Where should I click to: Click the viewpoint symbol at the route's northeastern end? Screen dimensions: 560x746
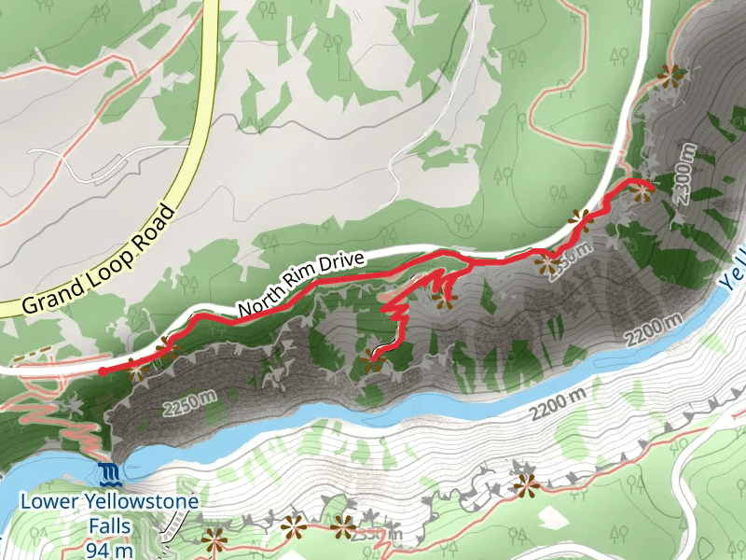coord(640,191)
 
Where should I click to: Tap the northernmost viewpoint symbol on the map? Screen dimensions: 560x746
coord(670,75)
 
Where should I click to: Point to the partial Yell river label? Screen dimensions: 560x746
coord(734,267)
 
